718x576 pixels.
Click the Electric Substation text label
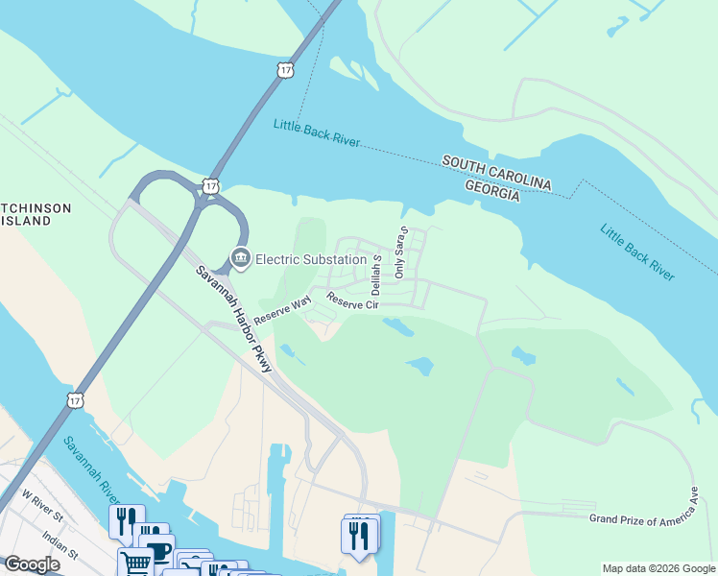[x=311, y=259]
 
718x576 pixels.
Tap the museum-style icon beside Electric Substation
[x=240, y=258]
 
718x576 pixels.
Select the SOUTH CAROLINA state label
[x=496, y=173]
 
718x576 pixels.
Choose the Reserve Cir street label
[x=353, y=302]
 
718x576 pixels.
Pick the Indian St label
[x=60, y=547]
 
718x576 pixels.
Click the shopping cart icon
[x=135, y=562]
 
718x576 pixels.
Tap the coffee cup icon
[x=156, y=549]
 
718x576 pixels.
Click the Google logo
[x=32, y=564]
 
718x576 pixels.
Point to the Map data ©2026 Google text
[x=658, y=568]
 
